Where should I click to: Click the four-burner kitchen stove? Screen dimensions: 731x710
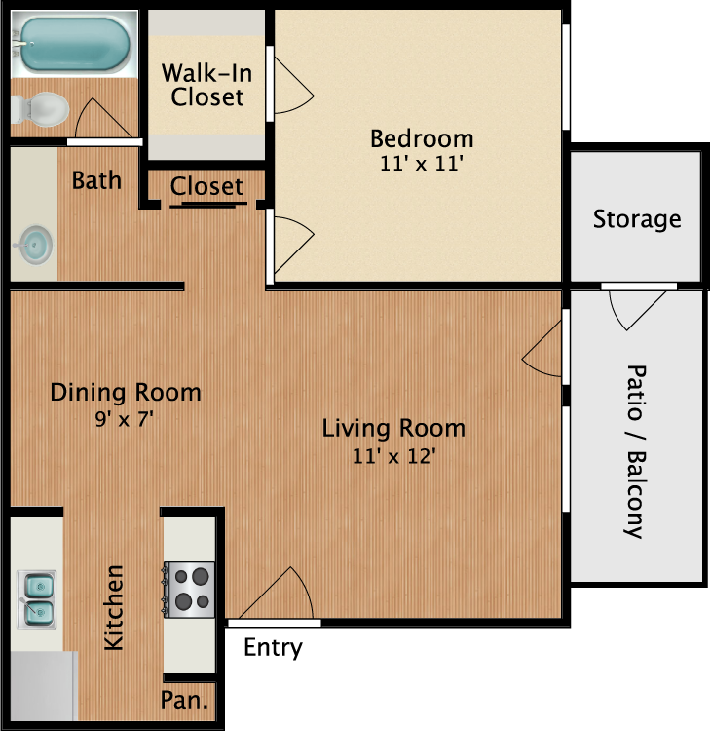coord(188,589)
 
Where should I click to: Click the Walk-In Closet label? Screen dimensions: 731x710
coord(203,85)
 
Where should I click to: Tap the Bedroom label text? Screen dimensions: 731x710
coord(421,137)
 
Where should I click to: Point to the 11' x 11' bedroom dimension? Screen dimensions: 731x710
coord(421,163)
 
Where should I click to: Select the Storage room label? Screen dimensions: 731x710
coord(637,218)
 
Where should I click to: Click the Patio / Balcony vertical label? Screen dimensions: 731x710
coord(635,451)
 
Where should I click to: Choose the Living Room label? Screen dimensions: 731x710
coord(393,428)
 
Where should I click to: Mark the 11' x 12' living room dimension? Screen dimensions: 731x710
coord(393,454)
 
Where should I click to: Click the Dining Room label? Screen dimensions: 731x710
coord(126,393)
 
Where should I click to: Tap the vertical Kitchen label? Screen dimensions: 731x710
coord(115,607)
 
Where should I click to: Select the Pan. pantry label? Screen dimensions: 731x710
coord(188,699)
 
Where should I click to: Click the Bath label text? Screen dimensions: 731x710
coord(97,179)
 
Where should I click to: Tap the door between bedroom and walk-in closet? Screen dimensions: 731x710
coord(290,86)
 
